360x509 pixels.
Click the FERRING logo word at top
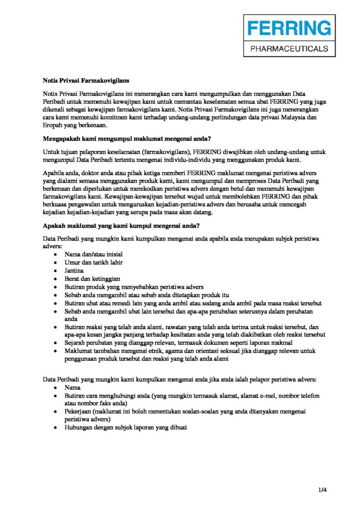(x=288, y=28)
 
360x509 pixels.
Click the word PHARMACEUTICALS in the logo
(x=289, y=49)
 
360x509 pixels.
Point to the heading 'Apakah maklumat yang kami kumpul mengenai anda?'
(x=121, y=226)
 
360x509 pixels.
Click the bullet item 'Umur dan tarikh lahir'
(x=93, y=262)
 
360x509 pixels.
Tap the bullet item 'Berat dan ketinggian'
(x=92, y=278)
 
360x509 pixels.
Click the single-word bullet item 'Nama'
(x=73, y=387)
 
